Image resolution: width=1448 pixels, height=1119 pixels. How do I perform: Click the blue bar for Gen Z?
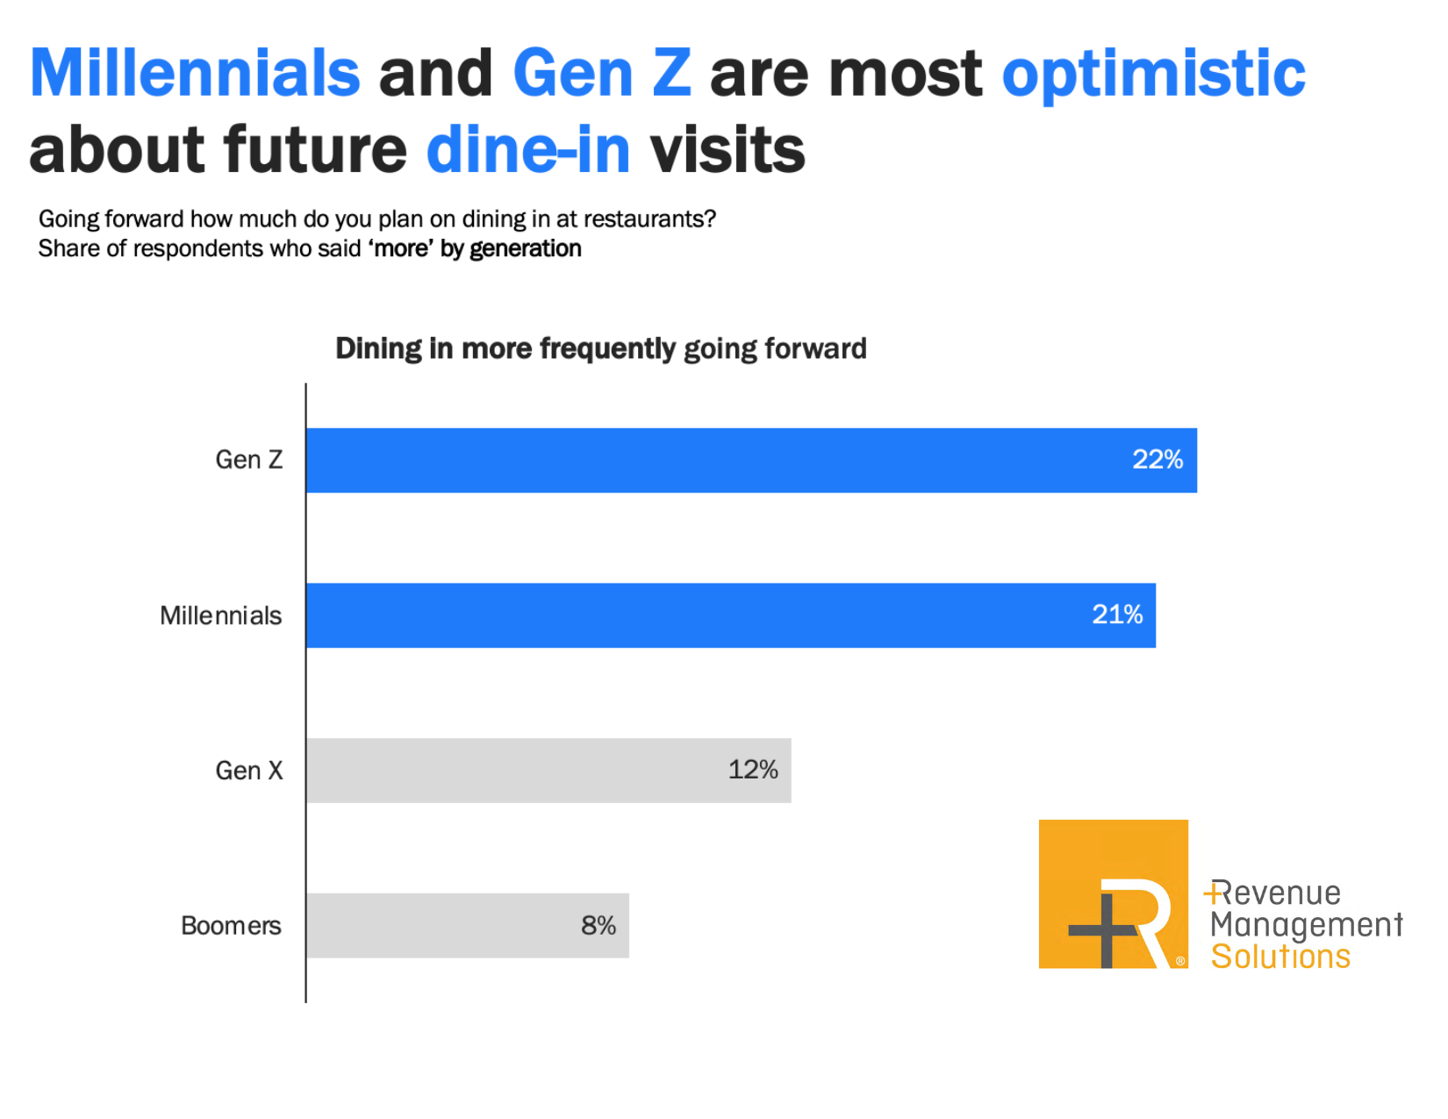[x=750, y=461]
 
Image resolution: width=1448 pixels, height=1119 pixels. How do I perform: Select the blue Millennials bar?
[x=730, y=615]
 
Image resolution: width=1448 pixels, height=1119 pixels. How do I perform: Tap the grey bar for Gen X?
[x=548, y=771]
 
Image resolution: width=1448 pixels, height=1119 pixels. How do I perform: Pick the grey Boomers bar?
[x=467, y=926]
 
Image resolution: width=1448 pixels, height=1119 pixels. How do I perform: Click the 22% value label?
[x=1158, y=460]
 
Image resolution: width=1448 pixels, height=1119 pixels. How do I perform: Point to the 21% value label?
[x=1117, y=614]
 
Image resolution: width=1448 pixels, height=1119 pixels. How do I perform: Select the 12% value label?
[x=753, y=770]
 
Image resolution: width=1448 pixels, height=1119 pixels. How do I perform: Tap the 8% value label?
[x=599, y=925]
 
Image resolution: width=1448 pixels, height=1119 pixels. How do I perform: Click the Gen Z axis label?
[x=249, y=460]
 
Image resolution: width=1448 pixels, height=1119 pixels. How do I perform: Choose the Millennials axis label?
[x=220, y=616]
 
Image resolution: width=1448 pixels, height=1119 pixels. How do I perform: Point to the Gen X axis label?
[x=249, y=771]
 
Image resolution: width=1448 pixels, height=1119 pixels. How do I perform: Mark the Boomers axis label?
[x=231, y=926]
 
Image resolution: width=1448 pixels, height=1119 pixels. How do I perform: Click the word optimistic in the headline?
[x=1153, y=75]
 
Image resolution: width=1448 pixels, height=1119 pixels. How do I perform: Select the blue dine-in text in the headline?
[x=528, y=149]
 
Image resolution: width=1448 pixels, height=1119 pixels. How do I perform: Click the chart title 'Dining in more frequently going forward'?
[x=600, y=348]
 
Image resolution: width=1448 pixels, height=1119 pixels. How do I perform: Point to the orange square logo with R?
[x=1113, y=894]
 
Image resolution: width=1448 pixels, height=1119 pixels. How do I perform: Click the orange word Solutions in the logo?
[x=1280, y=957]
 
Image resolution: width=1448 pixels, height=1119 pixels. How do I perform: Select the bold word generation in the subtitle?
[x=525, y=249]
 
